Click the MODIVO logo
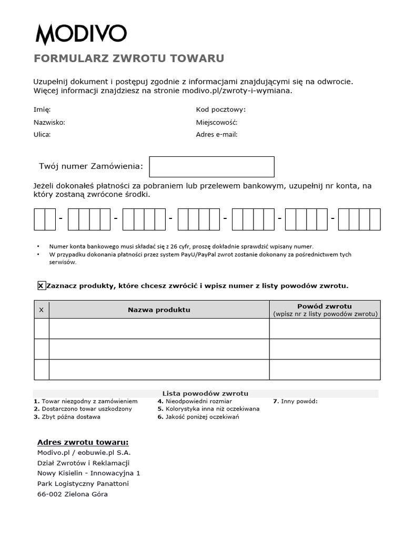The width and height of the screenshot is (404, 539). (81, 34)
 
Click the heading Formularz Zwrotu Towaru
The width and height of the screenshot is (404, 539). (129, 58)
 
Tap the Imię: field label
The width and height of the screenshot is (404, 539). (42, 109)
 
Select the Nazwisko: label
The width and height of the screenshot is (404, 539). (49, 122)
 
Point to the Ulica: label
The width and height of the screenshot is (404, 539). (42, 134)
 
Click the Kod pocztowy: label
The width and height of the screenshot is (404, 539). (220, 109)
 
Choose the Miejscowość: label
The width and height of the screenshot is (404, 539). (217, 122)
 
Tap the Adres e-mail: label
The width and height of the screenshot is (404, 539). (217, 134)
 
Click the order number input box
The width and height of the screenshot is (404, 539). (211, 166)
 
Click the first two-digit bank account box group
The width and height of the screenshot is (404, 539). (45, 219)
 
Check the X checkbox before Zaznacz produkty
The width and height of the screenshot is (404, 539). (41, 286)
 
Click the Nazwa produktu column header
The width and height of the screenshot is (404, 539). (159, 310)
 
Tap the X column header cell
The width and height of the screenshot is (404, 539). (42, 310)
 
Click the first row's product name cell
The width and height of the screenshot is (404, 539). (159, 329)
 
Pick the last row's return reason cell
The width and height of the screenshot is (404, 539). (325, 370)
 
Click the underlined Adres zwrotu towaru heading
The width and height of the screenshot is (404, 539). (83, 442)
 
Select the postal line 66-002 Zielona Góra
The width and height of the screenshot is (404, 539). (72, 494)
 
